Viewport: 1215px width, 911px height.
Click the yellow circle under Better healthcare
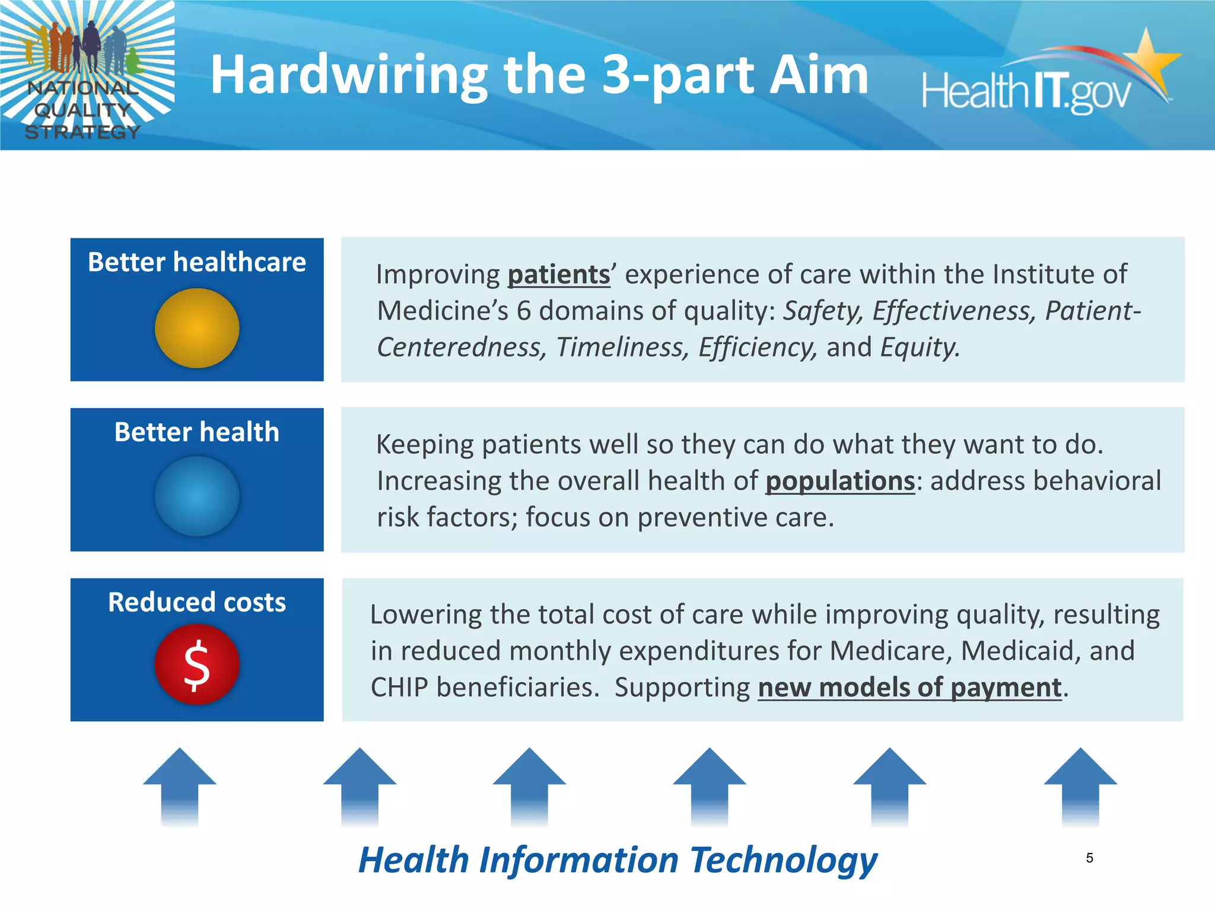pyautogui.click(x=197, y=328)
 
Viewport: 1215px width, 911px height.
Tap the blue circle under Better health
pyautogui.click(x=197, y=496)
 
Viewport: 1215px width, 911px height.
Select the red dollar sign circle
pyautogui.click(x=197, y=665)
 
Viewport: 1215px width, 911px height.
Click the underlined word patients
pyautogui.click(x=559, y=275)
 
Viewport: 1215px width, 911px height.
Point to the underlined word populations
pyautogui.click(x=840, y=481)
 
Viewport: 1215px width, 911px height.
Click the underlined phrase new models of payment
pyautogui.click(x=909, y=687)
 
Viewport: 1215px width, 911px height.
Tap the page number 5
pyautogui.click(x=1089, y=858)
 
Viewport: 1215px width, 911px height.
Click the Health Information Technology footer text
pyautogui.click(x=617, y=860)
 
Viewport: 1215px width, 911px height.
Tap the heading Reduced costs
pyautogui.click(x=197, y=602)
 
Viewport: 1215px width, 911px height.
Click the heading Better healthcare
pyautogui.click(x=197, y=262)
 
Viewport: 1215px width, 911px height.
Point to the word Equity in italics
pyautogui.click(x=919, y=348)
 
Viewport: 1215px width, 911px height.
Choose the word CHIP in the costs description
pyautogui.click(x=399, y=687)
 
